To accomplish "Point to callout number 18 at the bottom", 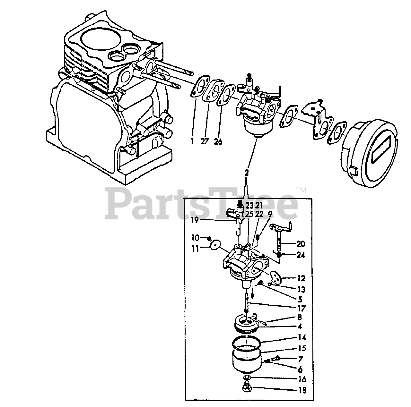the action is tap(302, 390).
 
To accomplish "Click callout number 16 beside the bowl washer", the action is tap(302, 379).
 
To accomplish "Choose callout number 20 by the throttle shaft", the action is tap(301, 244).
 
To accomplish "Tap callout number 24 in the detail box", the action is tap(301, 255).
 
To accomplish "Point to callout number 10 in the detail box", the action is tap(196, 238).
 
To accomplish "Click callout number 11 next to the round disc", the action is tap(195, 248).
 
